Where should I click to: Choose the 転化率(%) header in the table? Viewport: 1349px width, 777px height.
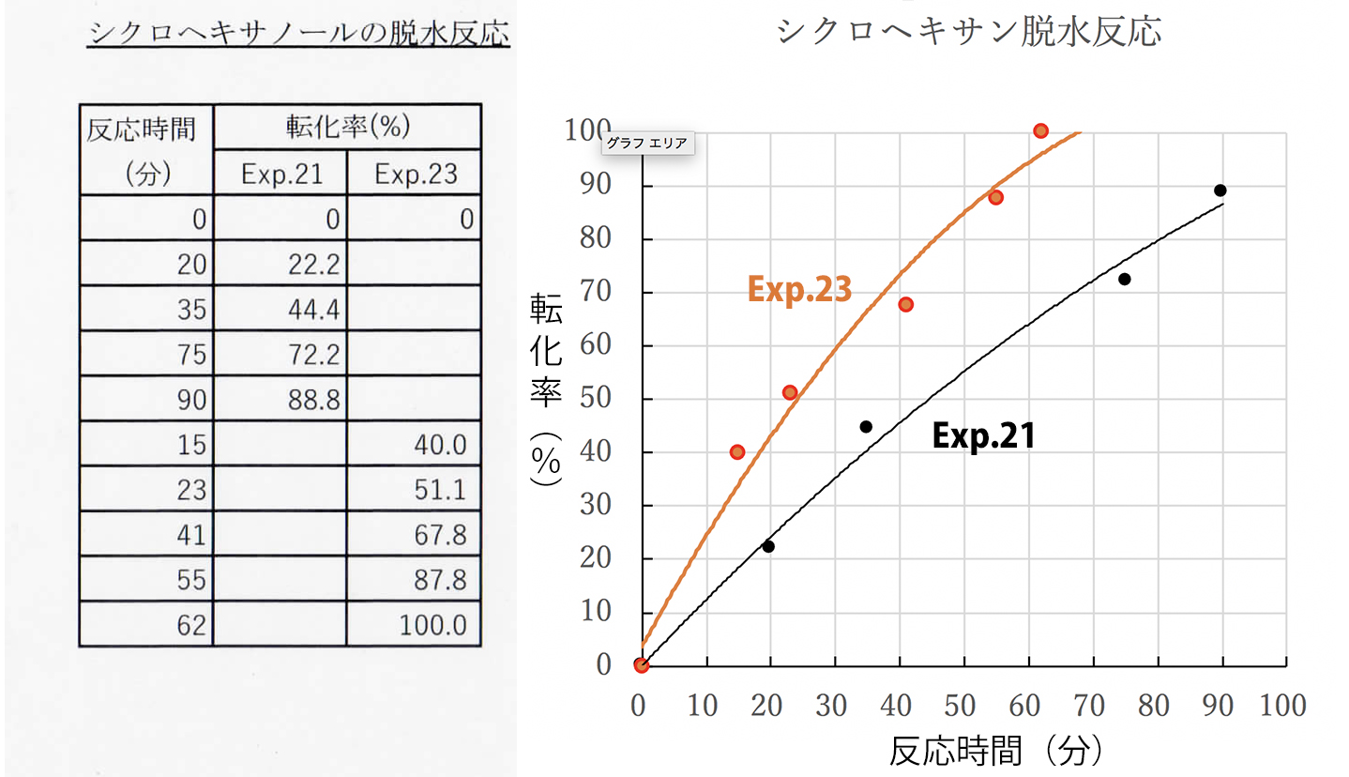coord(347,126)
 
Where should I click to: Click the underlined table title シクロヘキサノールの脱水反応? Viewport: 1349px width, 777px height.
coord(298,34)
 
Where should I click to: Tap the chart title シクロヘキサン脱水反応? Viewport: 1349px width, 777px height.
coord(970,30)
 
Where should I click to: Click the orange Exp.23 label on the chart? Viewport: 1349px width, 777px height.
coord(799,290)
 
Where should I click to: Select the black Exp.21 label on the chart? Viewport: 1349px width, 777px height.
coord(983,435)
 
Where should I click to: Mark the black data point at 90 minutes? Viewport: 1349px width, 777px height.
coord(1220,190)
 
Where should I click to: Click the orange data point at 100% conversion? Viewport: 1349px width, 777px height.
coord(1040,130)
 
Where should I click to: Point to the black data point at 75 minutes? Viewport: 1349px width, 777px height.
coord(1124,279)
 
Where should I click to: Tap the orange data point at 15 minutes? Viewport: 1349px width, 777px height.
coord(737,452)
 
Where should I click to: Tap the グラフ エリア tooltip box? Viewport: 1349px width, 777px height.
coord(646,144)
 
